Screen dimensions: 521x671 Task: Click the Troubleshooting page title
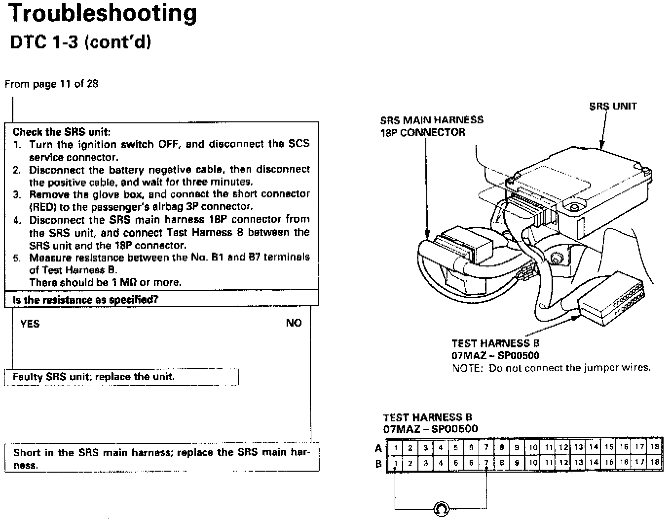103,13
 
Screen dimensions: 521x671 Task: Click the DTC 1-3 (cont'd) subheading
80,42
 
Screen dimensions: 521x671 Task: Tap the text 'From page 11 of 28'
51,84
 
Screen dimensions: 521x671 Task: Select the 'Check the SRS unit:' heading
62,132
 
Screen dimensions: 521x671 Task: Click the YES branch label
30,324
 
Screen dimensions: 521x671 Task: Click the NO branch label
294,323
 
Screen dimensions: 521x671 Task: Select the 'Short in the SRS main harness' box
161,458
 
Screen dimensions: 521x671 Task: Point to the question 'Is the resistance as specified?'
85,300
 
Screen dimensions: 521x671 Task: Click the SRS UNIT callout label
613,106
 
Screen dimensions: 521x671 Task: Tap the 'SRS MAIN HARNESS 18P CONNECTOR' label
432,126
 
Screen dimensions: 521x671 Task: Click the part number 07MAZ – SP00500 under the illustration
495,355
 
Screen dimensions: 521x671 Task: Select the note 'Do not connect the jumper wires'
551,368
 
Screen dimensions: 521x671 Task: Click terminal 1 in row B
395,463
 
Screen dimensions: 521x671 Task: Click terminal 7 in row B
486,463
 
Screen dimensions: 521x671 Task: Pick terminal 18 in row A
655,447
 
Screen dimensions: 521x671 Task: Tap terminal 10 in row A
533,447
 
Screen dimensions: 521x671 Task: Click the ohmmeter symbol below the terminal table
441,509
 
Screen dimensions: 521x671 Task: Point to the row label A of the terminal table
378,448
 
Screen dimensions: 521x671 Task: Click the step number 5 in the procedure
17,258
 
